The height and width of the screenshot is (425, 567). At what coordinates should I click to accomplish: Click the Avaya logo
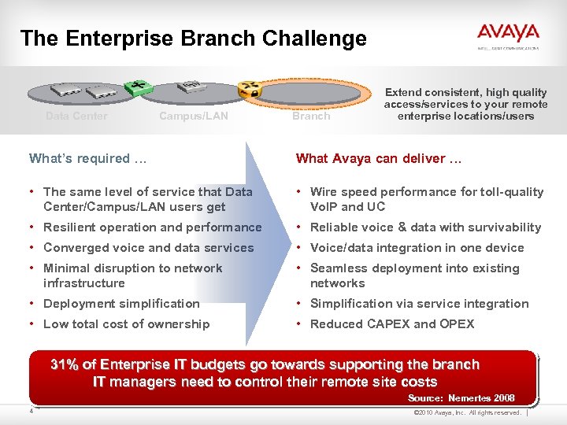[x=507, y=34]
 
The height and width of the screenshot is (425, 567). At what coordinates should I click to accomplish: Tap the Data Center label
[x=76, y=116]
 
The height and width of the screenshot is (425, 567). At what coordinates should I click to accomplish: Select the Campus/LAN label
[x=194, y=116]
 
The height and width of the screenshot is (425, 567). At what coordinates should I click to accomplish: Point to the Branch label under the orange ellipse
[x=311, y=116]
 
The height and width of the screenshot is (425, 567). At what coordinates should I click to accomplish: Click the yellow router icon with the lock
[x=251, y=91]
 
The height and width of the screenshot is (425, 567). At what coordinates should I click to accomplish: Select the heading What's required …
[x=87, y=158]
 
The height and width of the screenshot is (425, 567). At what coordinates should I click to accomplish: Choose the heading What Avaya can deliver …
[x=379, y=158]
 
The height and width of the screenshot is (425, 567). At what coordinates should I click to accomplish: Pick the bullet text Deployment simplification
[x=121, y=303]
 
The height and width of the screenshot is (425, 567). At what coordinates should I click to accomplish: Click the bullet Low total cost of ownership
[x=126, y=323]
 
